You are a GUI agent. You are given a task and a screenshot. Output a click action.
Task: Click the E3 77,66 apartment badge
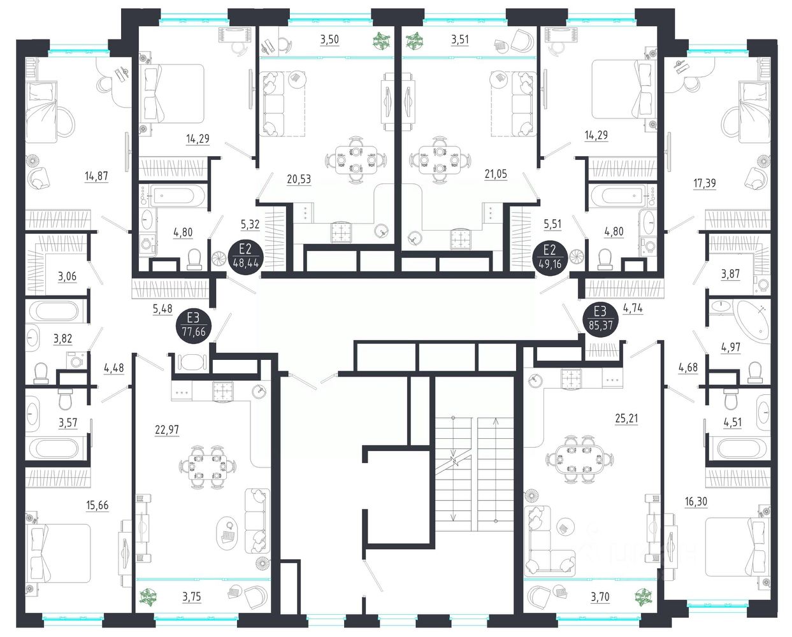(x=194, y=326)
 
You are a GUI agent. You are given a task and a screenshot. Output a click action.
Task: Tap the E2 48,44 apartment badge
(x=245, y=257)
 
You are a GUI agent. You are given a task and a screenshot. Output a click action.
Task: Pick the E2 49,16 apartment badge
(x=549, y=257)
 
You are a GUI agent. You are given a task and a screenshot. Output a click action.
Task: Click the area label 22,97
(x=167, y=429)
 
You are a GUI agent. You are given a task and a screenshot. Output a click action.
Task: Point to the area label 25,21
(x=626, y=419)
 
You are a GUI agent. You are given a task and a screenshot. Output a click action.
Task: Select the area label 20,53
(x=299, y=180)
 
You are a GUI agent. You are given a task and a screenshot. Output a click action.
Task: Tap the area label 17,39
(x=705, y=183)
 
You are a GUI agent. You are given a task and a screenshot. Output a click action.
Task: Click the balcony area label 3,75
(x=192, y=596)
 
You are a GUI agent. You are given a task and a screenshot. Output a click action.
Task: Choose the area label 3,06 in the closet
(x=68, y=276)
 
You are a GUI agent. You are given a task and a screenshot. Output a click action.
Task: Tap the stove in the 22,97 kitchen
(x=223, y=392)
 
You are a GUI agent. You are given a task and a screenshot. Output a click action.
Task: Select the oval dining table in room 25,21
(x=579, y=460)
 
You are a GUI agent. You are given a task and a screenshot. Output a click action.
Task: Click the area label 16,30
(x=696, y=501)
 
